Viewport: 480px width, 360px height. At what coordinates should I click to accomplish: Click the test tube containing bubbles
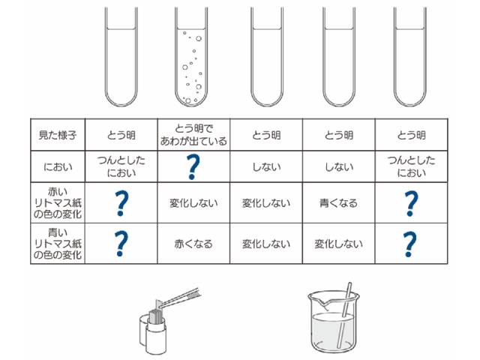[x=191, y=57]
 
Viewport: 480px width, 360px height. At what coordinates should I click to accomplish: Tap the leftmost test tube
[x=121, y=57]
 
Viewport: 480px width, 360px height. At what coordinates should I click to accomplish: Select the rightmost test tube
[x=410, y=57]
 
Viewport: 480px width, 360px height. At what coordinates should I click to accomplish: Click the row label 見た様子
[x=58, y=135]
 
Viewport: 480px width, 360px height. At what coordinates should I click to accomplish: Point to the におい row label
[x=58, y=166]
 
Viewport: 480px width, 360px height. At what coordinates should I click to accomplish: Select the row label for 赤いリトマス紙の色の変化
[x=58, y=203]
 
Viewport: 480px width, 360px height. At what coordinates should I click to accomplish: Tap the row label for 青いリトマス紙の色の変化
[x=58, y=244]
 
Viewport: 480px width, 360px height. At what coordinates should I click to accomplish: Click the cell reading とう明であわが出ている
[x=193, y=135]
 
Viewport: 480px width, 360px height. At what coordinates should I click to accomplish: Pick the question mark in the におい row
[x=193, y=166]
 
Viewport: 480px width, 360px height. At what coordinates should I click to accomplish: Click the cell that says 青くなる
[x=338, y=203]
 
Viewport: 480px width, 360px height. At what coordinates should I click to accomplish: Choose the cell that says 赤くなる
[x=193, y=244]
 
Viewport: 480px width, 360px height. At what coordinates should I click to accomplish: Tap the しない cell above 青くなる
[x=338, y=166]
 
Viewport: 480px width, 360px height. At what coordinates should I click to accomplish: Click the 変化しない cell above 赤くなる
[x=193, y=203]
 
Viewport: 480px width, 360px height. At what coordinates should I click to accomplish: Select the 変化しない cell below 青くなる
[x=338, y=244]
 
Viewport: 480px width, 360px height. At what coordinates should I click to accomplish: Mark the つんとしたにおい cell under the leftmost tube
[x=121, y=166]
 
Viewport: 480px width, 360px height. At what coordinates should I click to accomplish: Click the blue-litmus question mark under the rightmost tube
[x=411, y=244]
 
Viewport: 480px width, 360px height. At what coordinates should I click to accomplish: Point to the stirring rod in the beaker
[x=344, y=315]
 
